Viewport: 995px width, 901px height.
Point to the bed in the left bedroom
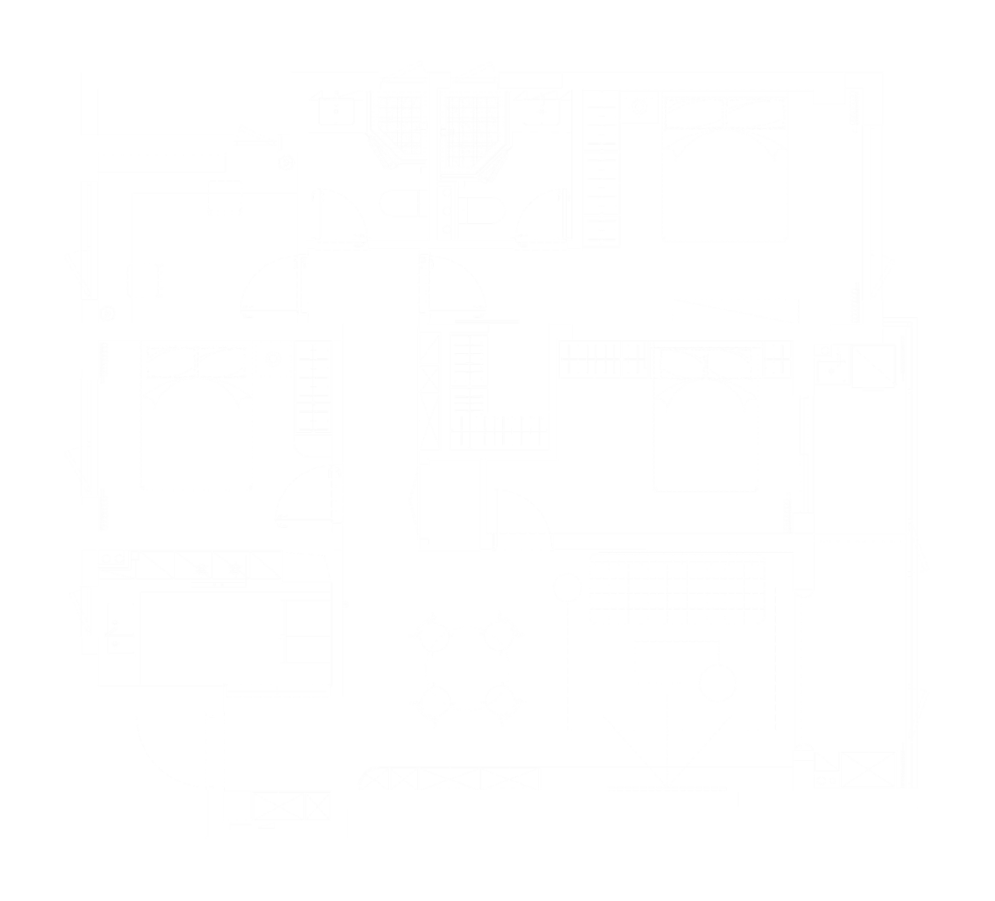196,416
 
